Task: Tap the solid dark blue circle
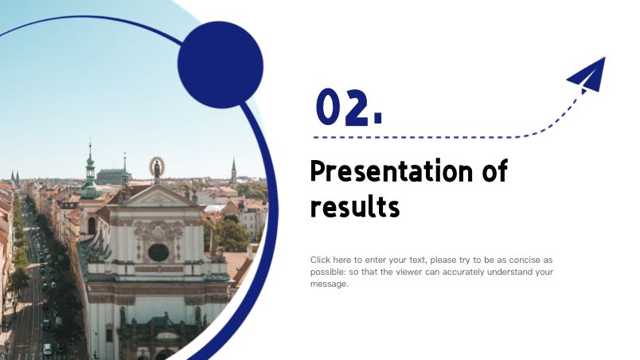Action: [220, 65]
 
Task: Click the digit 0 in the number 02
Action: [330, 107]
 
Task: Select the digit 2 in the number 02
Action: [357, 108]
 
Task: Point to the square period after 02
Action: [378, 119]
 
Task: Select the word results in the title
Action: [355, 206]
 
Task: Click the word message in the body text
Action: [330, 284]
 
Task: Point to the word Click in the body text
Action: [320, 260]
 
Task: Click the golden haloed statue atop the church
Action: [157, 168]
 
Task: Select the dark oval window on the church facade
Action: [158, 252]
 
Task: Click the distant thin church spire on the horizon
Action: [233, 170]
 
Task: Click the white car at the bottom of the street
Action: [47, 349]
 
